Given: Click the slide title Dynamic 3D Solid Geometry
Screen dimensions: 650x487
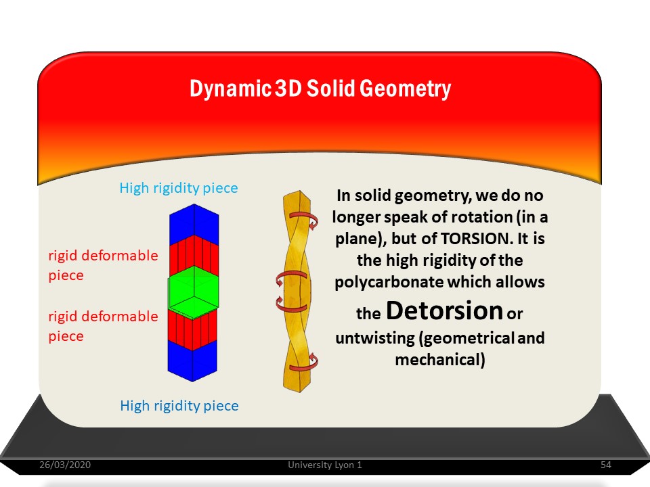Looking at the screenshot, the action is pos(320,89).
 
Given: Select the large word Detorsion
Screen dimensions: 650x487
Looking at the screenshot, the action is pos(444,310).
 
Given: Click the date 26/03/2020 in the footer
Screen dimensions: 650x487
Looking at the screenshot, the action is pos(65,465).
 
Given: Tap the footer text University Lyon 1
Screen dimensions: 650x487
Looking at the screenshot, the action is pos(325,465).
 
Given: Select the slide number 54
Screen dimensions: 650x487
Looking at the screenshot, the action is pos(605,465).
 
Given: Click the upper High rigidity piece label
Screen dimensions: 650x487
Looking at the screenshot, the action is pos(179,188).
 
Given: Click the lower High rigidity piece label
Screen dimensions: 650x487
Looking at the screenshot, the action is pos(179,406).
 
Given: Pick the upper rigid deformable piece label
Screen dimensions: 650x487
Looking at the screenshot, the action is pos(103,265).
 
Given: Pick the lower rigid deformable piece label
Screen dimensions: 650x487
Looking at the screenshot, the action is pos(103,326).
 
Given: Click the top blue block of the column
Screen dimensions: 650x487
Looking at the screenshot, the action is pos(194,225).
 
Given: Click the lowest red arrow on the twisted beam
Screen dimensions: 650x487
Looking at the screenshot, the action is pos(304,363).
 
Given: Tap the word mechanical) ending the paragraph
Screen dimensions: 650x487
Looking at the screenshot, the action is pos(440,360).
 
